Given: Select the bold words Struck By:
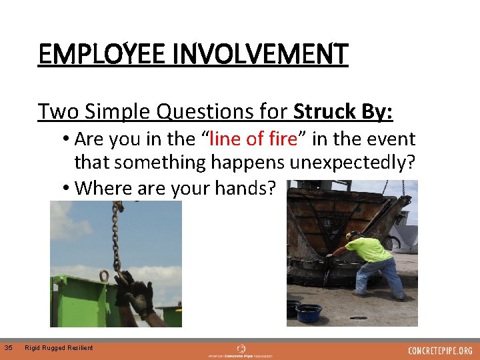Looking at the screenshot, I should (343, 111).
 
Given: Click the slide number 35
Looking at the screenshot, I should (8, 347).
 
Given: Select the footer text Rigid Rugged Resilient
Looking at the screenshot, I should (59, 347).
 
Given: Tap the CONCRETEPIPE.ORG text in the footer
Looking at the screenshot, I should (441, 351).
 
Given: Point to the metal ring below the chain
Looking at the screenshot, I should (104, 275).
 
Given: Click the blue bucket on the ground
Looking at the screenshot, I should (309, 313).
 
